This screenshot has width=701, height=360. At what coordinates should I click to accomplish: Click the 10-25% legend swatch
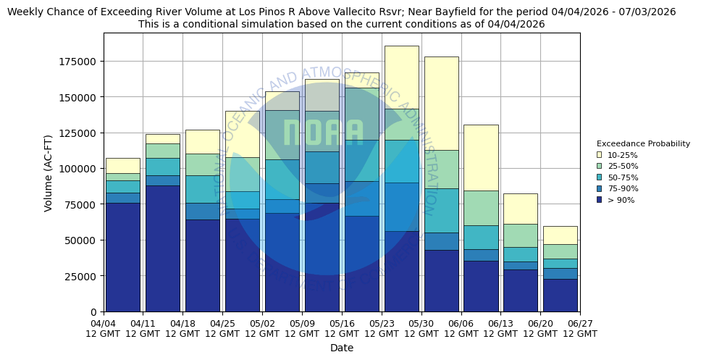pos(599,155)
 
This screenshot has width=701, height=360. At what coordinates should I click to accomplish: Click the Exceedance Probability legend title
pos(642,143)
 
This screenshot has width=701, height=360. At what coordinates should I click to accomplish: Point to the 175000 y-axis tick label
pos(77,62)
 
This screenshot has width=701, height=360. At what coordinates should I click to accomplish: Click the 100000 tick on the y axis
pos(77,169)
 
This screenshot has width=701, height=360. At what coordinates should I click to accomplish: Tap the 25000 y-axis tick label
pos(80,276)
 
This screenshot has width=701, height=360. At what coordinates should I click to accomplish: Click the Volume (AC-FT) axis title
pos(49,172)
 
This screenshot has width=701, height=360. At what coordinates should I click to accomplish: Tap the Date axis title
pos(342,348)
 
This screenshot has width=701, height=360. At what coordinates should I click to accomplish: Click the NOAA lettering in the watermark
pos(323,133)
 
